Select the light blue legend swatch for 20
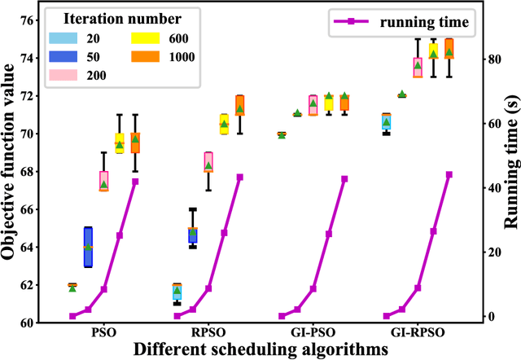63,37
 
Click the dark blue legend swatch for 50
63,56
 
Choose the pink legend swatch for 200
63,75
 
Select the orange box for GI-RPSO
449,48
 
